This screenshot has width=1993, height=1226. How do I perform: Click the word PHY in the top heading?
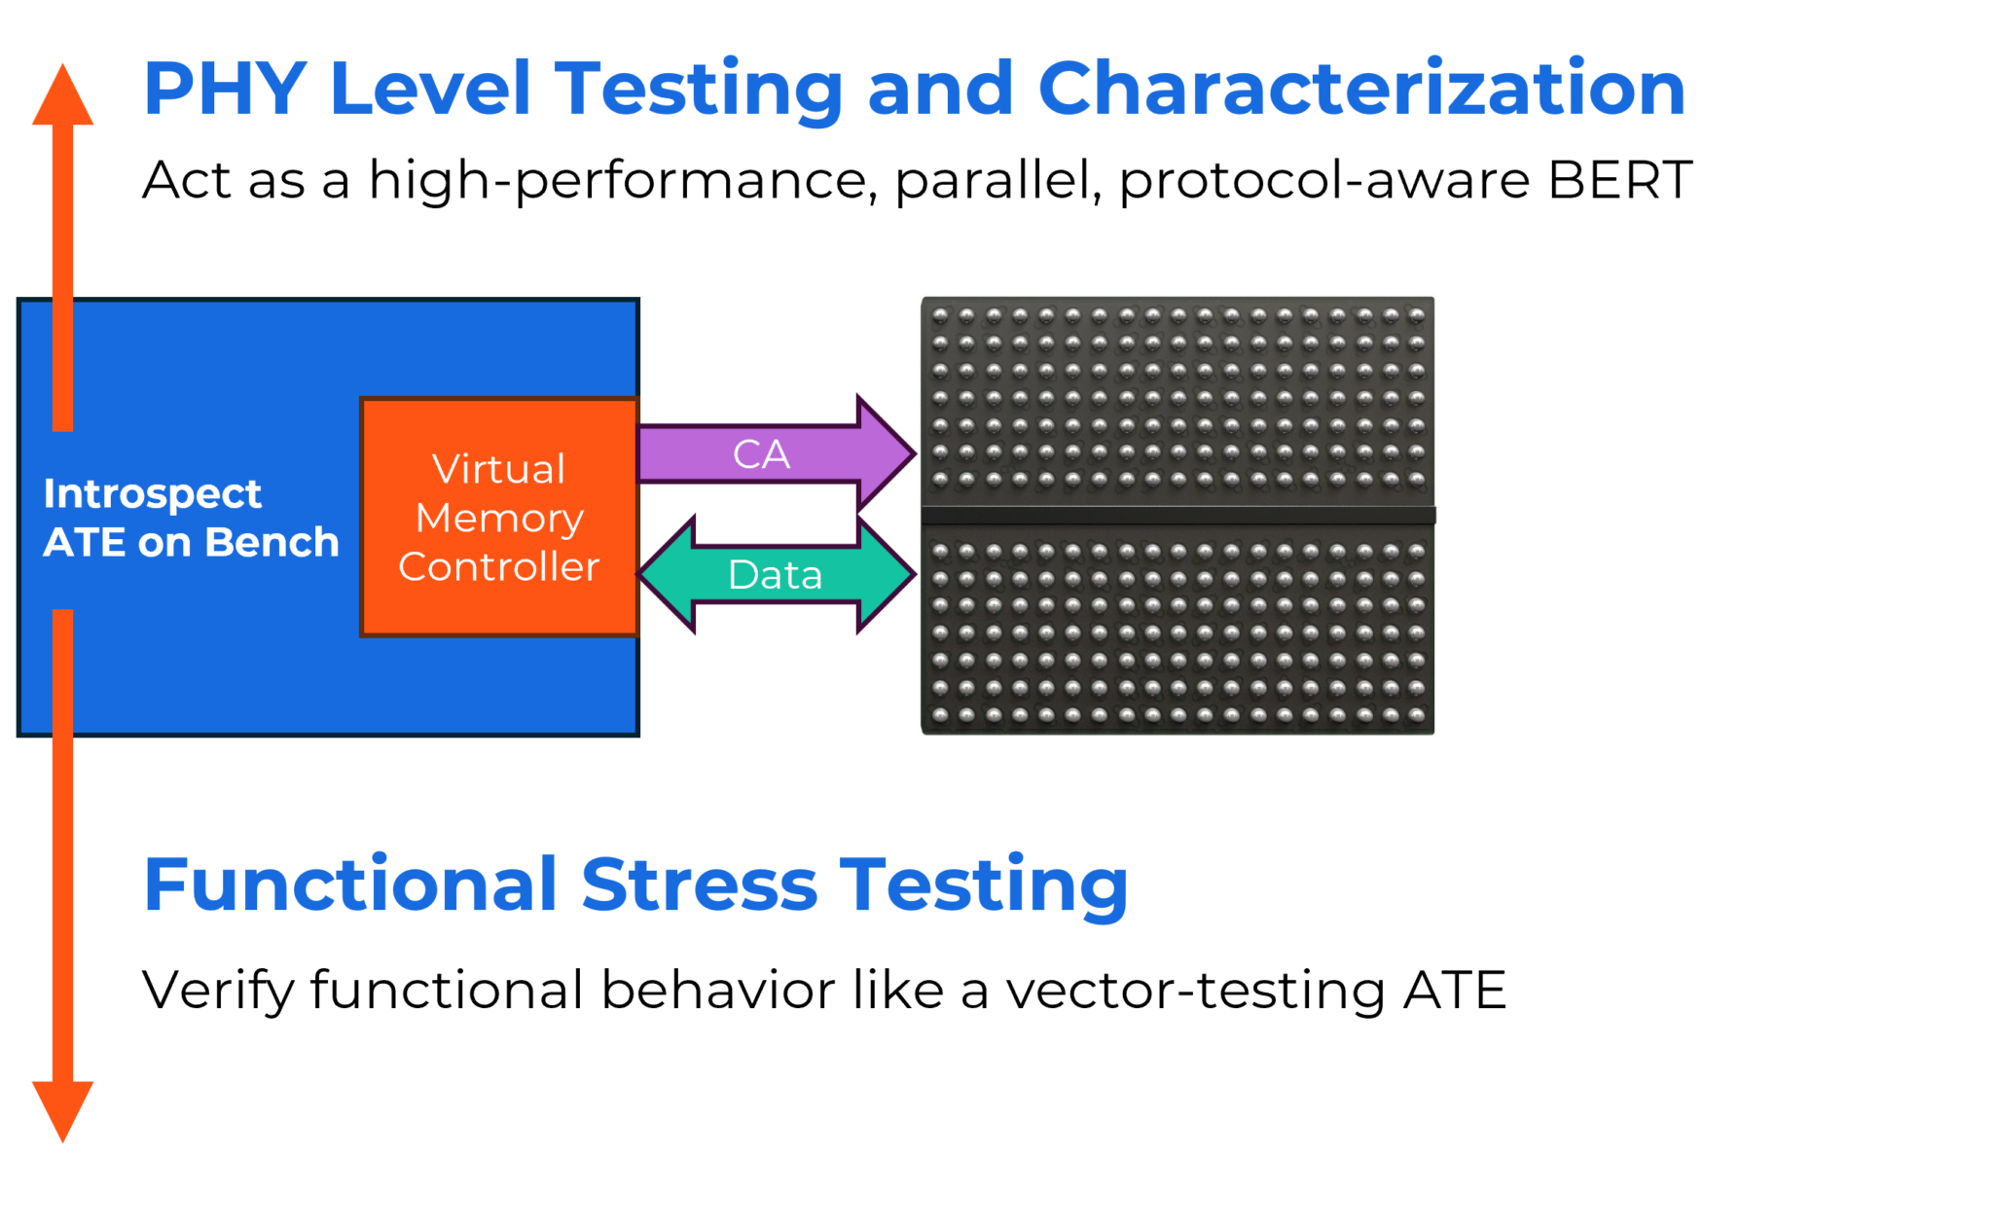(225, 89)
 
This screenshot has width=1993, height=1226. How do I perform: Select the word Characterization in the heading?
(1361, 89)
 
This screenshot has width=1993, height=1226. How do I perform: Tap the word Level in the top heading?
(430, 89)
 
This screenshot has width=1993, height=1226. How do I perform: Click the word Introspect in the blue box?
(153, 494)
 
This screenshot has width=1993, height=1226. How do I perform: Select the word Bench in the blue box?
(272, 543)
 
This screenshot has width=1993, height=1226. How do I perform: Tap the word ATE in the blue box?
(84, 543)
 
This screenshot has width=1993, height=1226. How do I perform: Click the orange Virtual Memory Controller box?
(499, 613)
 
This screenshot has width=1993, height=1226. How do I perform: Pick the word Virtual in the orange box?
(499, 469)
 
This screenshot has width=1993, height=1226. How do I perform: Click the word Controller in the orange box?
(499, 567)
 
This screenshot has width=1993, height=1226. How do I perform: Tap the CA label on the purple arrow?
(761, 454)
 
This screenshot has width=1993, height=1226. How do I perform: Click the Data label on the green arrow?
(776, 575)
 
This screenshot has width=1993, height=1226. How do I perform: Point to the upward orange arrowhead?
(62, 97)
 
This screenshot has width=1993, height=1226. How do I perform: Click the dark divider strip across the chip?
(1178, 515)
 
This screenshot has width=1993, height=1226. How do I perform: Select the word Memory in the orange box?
(499, 519)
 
